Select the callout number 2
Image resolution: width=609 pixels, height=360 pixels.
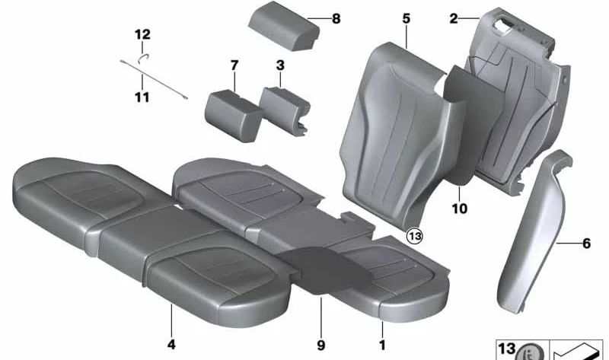pos(454,19)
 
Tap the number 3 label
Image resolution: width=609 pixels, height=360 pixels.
pos(280,65)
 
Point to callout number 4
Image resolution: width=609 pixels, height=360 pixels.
pos(171,345)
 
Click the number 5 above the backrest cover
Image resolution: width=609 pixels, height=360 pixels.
pos(407,18)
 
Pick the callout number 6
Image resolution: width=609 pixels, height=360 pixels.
pos(586,244)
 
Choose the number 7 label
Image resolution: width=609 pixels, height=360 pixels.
pos(234,65)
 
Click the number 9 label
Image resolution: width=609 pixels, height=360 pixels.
pos(322,345)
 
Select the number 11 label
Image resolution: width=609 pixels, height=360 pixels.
pos(142,97)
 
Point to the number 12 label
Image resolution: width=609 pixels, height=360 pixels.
pos(142,34)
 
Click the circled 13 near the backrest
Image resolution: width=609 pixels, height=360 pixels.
pos(414,237)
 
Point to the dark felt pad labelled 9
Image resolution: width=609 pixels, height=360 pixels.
pos(319,266)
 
